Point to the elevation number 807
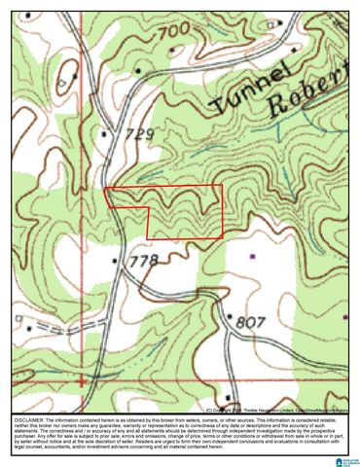coord(250,321)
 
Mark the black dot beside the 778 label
coord(117,261)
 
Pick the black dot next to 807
coord(230,316)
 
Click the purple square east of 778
coord(251,255)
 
